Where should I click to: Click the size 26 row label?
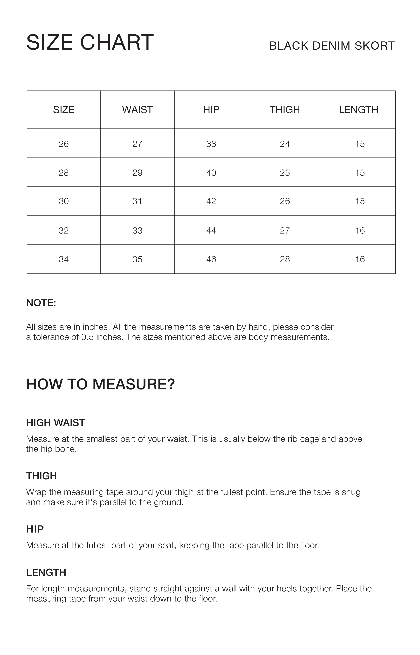64,144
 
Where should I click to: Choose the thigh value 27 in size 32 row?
285,231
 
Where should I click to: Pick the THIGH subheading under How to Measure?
42,476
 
